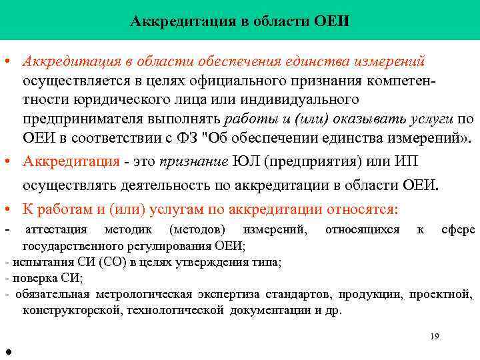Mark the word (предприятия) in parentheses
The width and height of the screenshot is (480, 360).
307,162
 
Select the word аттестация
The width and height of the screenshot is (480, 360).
56,230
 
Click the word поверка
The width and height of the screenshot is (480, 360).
31,278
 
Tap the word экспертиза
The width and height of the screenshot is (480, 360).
227,294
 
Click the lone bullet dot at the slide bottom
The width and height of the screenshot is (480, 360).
6,353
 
